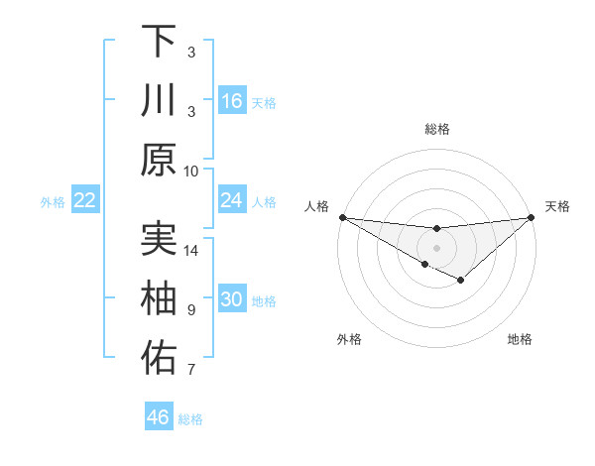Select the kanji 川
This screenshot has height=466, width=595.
(x=159, y=100)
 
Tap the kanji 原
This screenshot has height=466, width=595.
(x=159, y=160)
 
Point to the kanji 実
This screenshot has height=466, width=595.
(x=159, y=239)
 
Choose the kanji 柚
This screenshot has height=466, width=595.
(x=159, y=298)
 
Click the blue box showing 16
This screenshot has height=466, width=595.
(x=232, y=101)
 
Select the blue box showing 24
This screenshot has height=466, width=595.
(x=232, y=200)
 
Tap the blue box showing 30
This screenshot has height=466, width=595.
(x=232, y=299)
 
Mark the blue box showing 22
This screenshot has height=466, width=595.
(x=85, y=200)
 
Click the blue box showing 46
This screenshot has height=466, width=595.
(x=159, y=417)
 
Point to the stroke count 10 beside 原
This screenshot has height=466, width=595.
(x=191, y=171)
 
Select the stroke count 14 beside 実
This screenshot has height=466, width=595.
(x=191, y=250)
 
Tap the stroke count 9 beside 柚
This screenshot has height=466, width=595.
(x=191, y=310)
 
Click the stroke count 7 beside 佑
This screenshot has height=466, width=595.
(x=191, y=370)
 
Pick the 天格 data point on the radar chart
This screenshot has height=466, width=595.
(x=532, y=217)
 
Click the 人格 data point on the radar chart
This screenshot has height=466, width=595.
(x=342, y=217)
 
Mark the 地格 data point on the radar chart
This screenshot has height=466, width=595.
(x=460, y=281)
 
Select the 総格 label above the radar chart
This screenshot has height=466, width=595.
(x=437, y=129)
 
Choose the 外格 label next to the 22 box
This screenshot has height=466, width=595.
(x=53, y=202)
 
